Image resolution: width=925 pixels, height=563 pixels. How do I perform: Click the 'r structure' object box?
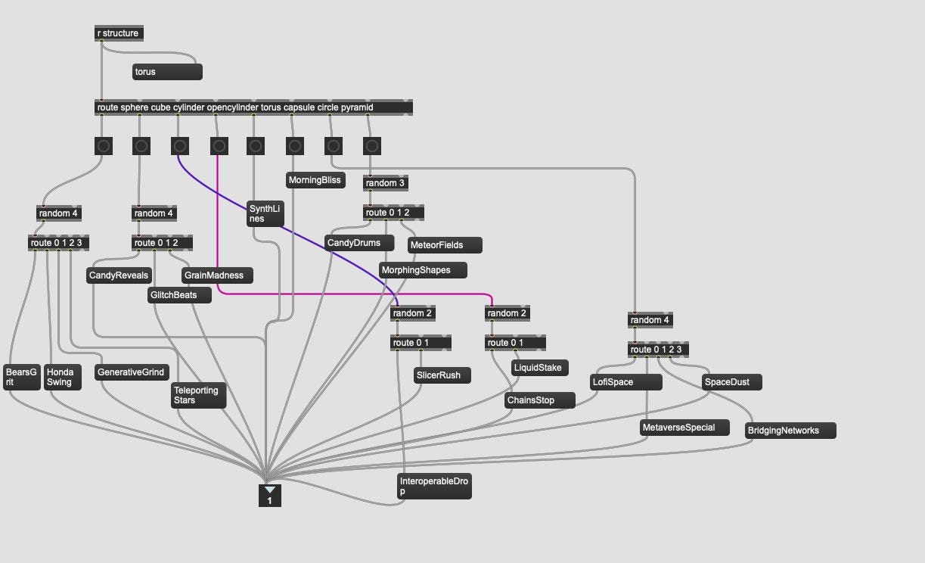point(118,33)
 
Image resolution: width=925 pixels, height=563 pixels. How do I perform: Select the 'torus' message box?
point(167,72)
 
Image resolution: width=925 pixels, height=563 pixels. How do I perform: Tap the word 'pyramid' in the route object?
point(357,107)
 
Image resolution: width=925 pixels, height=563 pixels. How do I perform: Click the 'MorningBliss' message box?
point(315,180)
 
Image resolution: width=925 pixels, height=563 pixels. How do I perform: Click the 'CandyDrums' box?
point(359,243)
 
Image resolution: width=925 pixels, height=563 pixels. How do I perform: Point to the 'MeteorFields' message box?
point(444,245)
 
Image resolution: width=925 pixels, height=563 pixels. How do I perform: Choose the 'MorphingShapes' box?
point(423,270)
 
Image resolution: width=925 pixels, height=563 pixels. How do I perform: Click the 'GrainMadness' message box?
point(217,275)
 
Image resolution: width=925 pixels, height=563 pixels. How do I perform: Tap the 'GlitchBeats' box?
point(179,295)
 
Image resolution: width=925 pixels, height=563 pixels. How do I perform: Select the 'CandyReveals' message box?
point(120,275)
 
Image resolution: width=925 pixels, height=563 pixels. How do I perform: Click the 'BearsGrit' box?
point(21,377)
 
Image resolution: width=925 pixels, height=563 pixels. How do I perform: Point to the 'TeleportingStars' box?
point(198,396)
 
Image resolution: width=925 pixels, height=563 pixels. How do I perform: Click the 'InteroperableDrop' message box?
point(434,486)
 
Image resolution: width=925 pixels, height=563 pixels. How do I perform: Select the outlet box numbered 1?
point(269,496)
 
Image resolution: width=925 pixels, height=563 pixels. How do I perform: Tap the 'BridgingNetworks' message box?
point(790,431)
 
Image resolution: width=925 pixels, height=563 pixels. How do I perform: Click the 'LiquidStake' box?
point(540,368)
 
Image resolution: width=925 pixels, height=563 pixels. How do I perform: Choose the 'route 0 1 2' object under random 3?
point(393,213)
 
